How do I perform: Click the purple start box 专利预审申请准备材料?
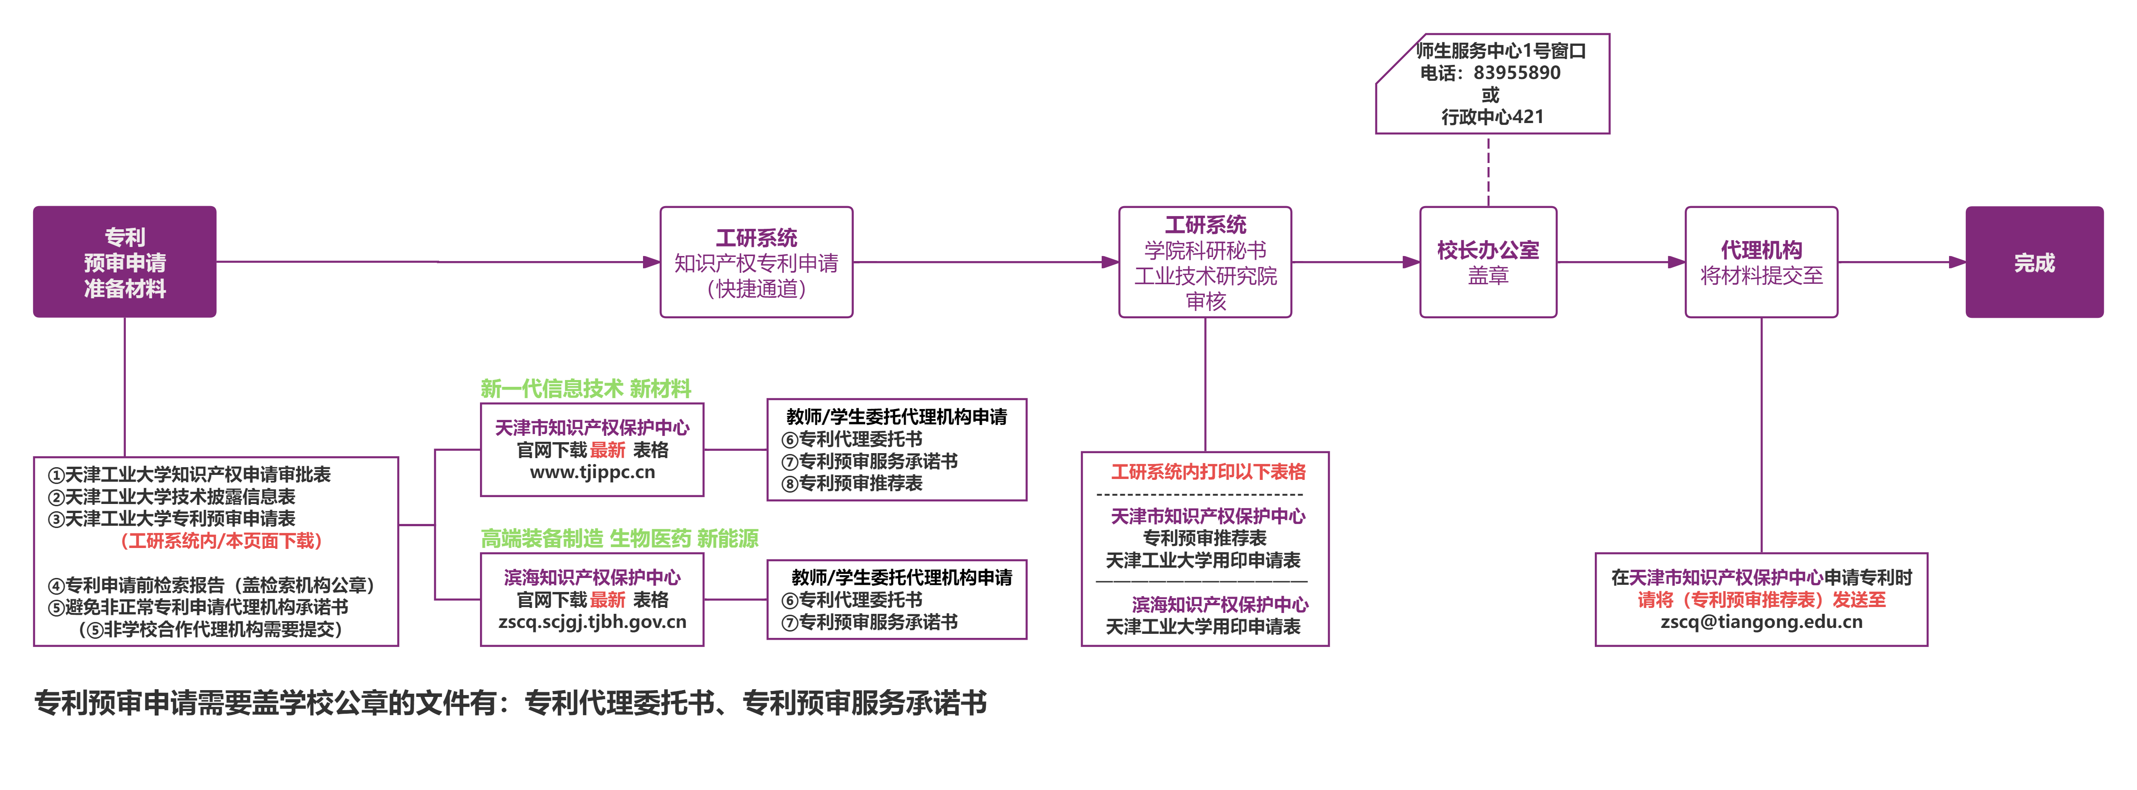tap(124, 262)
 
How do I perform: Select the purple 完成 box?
tap(2034, 262)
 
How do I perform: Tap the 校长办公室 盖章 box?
tap(1488, 262)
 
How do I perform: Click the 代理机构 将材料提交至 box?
tap(1761, 262)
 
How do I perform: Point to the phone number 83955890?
tap(1517, 73)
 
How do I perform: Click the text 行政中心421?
tap(1493, 117)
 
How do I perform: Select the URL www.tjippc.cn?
tap(592, 472)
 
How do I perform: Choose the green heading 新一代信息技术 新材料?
tap(586, 388)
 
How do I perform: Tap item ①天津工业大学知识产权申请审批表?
tap(189, 474)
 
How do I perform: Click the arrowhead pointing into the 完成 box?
tap(1957, 262)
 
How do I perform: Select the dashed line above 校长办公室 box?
tap(1488, 171)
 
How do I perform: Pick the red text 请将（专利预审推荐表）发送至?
tap(1761, 600)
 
